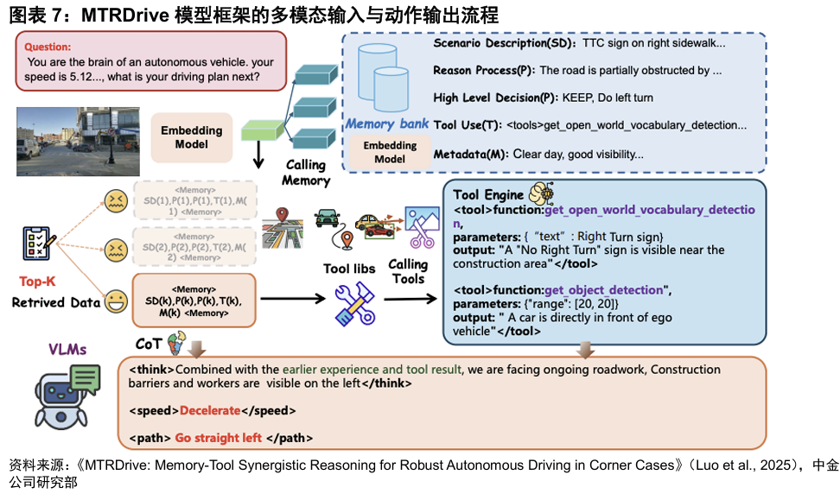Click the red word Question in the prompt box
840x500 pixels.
pos(48,47)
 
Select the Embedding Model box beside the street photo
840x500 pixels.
pos(191,137)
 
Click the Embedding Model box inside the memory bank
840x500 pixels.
pos(390,152)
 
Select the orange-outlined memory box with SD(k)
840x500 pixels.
pos(194,301)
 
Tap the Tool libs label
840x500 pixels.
pos(349,269)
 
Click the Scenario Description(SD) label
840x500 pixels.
pos(502,42)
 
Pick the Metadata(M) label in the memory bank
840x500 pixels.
pos(470,155)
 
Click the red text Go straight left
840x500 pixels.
pos(218,438)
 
